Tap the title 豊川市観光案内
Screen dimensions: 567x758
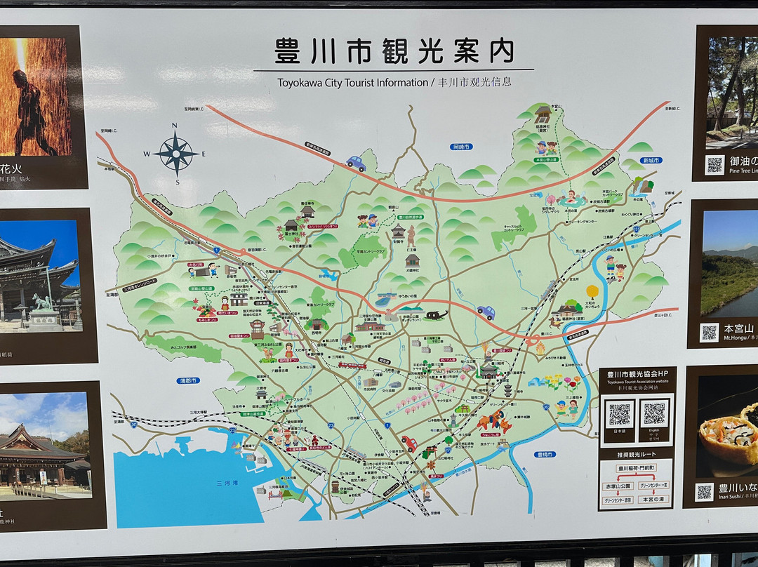coord(394,51)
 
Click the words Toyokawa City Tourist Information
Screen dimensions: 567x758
coord(352,82)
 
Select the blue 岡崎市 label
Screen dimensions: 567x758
coord(462,147)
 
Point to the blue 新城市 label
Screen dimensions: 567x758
coord(651,160)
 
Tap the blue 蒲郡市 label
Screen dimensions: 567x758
coord(188,380)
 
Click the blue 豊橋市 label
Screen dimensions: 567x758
coord(545,454)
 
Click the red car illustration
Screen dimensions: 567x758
coord(408,443)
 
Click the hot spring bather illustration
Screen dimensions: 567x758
coord(572,197)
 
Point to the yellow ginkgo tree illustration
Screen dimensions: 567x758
coord(593,291)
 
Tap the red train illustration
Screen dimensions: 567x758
coord(352,365)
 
